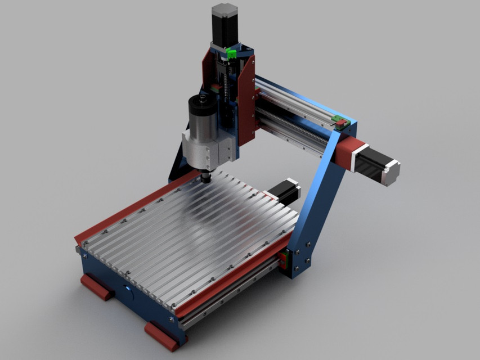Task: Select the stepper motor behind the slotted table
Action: (x=287, y=191)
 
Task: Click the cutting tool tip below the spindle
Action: (x=205, y=179)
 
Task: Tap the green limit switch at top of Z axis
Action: (x=231, y=54)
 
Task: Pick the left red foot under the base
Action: (x=97, y=286)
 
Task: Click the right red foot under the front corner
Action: (x=162, y=335)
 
